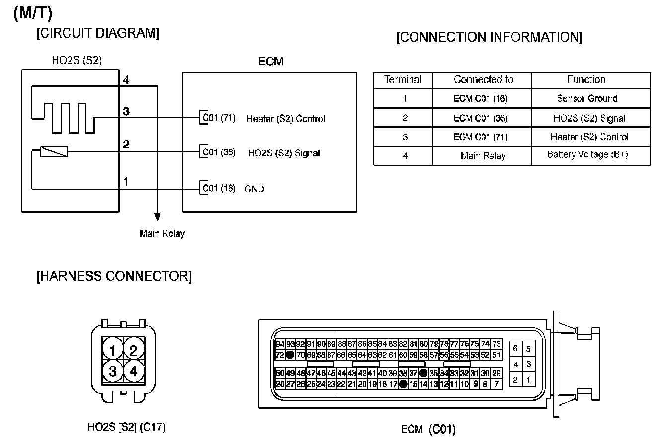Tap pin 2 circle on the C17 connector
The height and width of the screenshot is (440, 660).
pyautogui.click(x=133, y=351)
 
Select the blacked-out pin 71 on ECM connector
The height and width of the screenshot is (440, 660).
pyautogui.click(x=290, y=355)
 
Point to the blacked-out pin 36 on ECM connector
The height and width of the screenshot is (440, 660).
pyautogui.click(x=423, y=373)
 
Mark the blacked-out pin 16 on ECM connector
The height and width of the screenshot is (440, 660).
pyautogui.click(x=403, y=384)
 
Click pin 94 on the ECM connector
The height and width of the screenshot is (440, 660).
pyautogui.click(x=280, y=344)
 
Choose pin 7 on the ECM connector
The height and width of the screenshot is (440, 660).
pyautogui.click(x=496, y=384)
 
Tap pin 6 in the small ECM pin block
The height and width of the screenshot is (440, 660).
pyautogui.click(x=516, y=349)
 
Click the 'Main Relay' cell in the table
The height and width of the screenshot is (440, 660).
pyautogui.click(x=483, y=156)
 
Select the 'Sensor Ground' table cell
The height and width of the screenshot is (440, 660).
pyautogui.click(x=587, y=98)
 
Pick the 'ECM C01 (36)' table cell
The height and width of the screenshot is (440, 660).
pyautogui.click(x=481, y=118)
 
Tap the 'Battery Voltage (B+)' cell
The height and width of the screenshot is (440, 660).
pyautogui.click(x=587, y=155)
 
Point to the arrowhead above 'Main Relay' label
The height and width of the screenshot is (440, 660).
pyautogui.click(x=157, y=217)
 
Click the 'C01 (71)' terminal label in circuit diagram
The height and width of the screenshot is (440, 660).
pyautogui.click(x=219, y=118)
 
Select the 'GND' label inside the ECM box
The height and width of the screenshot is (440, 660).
pyautogui.click(x=254, y=189)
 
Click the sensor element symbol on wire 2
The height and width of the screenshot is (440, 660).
pyautogui.click(x=53, y=152)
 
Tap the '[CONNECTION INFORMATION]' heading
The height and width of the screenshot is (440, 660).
pyautogui.click(x=489, y=37)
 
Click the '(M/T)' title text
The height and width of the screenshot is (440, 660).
pyautogui.click(x=33, y=14)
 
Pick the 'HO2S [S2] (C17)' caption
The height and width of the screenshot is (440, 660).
pyautogui.click(x=126, y=427)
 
